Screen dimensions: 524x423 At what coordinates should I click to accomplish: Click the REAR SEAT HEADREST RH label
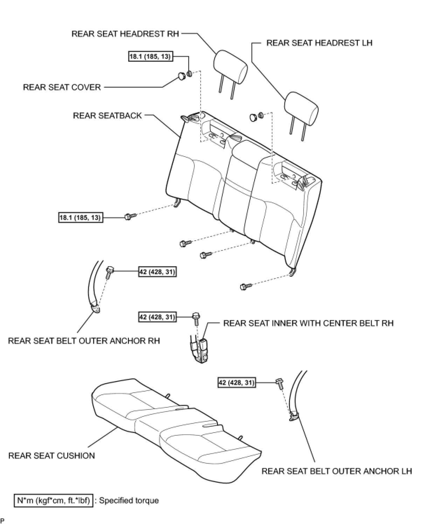(x=125, y=34)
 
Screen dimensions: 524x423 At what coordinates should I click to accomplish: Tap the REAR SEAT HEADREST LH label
(x=319, y=43)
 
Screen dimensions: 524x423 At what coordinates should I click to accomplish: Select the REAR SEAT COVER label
(x=62, y=87)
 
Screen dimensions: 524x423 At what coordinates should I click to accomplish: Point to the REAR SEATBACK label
(x=107, y=115)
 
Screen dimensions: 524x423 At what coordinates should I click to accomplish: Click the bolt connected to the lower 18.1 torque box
(x=128, y=216)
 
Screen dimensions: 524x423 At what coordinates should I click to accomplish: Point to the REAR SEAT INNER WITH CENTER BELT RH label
(x=308, y=323)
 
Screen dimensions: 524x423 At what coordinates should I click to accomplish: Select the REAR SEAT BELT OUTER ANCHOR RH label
(x=84, y=341)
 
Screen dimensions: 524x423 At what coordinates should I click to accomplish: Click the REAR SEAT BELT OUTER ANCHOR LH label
(x=337, y=471)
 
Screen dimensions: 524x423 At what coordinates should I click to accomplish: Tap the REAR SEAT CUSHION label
(x=51, y=455)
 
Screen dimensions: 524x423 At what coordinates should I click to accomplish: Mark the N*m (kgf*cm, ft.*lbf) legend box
(x=54, y=500)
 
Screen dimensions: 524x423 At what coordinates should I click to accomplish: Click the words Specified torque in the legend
(x=129, y=500)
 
